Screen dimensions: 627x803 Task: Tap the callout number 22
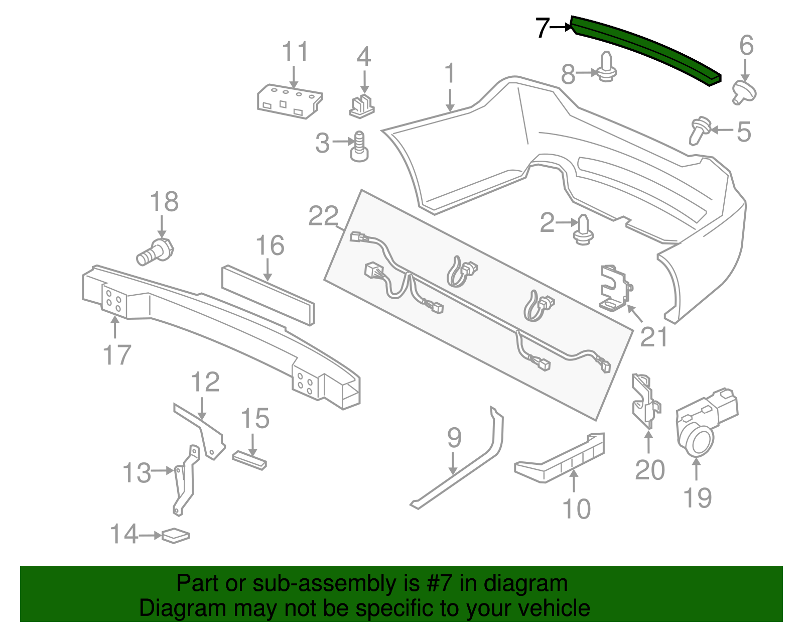point(323,216)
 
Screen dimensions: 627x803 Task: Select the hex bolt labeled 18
point(155,253)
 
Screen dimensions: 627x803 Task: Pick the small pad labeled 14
point(175,536)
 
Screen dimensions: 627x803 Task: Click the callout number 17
point(116,355)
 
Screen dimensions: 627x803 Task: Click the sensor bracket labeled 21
point(615,288)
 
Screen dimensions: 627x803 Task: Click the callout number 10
point(577,509)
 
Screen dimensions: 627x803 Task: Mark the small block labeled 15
point(249,459)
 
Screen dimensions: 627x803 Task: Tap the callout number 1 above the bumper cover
point(450,73)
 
